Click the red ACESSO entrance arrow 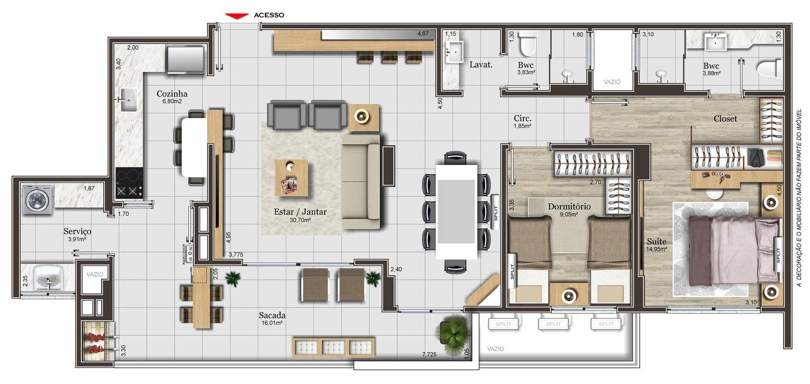point(236,16)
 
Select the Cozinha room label point(172,94)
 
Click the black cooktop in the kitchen point(129,182)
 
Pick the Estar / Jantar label point(300,212)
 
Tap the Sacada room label point(272,315)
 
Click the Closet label point(725,119)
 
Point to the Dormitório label point(569,206)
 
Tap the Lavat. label point(481,65)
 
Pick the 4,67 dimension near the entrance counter point(423,34)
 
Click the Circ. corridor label point(523,119)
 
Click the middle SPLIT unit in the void point(553,324)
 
